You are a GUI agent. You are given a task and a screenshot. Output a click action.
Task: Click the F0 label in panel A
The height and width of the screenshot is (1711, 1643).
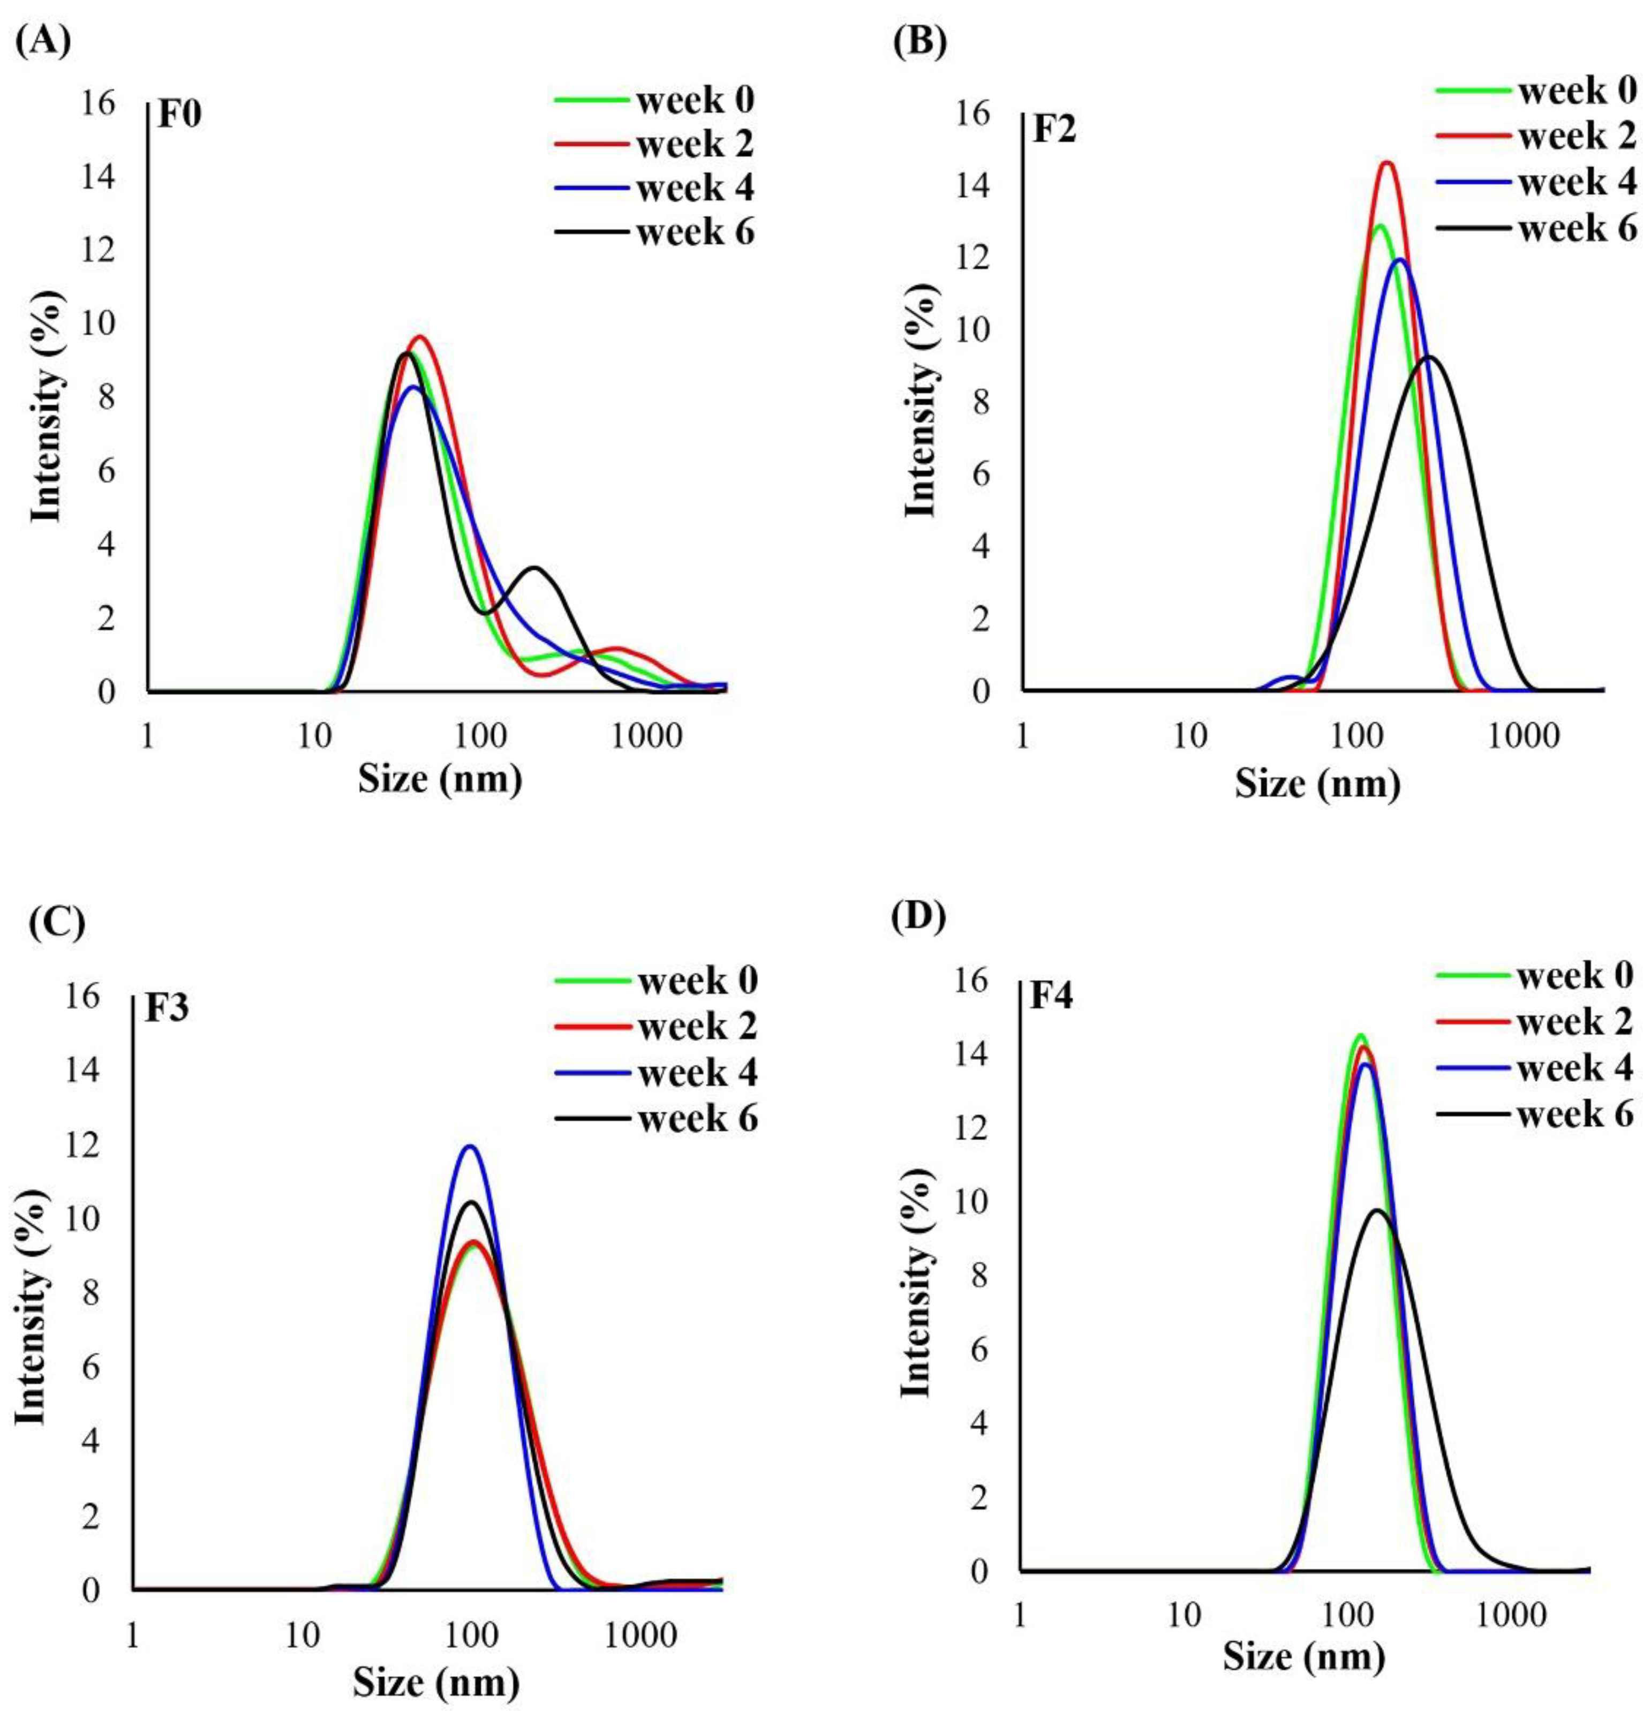click(180, 115)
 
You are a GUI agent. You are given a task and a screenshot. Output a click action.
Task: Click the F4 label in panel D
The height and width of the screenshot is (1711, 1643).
click(1051, 997)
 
